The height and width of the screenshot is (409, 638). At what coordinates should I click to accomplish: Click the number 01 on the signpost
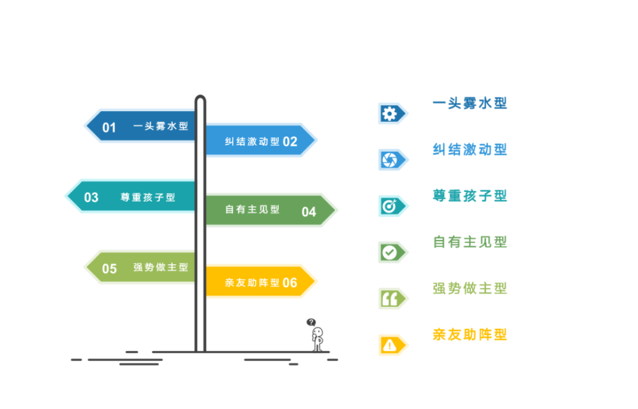[x=109, y=127]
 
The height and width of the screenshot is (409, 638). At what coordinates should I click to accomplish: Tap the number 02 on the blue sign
[x=290, y=142]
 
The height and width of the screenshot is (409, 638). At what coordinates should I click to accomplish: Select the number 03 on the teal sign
[x=91, y=197]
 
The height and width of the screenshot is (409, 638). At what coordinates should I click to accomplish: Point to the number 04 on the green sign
[x=309, y=212]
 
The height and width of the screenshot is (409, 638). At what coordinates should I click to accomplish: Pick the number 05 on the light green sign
[x=109, y=269]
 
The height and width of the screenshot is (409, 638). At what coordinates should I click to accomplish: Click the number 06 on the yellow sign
[x=290, y=283]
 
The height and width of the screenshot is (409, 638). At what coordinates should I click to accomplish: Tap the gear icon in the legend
[x=389, y=114]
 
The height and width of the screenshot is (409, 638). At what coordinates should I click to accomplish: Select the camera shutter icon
[x=389, y=160]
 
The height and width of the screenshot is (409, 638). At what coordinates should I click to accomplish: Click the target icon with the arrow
[x=389, y=206]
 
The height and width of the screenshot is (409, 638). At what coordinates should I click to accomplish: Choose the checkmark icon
[x=389, y=252]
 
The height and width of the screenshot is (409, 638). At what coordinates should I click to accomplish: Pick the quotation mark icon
[x=389, y=298]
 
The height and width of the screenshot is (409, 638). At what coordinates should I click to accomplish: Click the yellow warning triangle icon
[x=389, y=345]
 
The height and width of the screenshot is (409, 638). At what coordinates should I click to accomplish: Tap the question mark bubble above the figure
[x=311, y=322]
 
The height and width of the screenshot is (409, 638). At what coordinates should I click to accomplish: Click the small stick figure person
[x=317, y=339]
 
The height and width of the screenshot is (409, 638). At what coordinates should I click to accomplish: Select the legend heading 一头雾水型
[x=470, y=103]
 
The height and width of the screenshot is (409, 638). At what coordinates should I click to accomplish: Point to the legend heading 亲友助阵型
[x=470, y=334]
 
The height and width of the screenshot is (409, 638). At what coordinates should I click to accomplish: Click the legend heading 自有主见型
[x=470, y=242]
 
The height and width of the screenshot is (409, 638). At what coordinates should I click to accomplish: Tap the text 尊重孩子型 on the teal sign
[x=147, y=197]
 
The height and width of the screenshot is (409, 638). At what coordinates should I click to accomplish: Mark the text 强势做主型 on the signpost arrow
[x=161, y=267]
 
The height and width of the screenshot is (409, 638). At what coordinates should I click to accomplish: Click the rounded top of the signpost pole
[x=200, y=99]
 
